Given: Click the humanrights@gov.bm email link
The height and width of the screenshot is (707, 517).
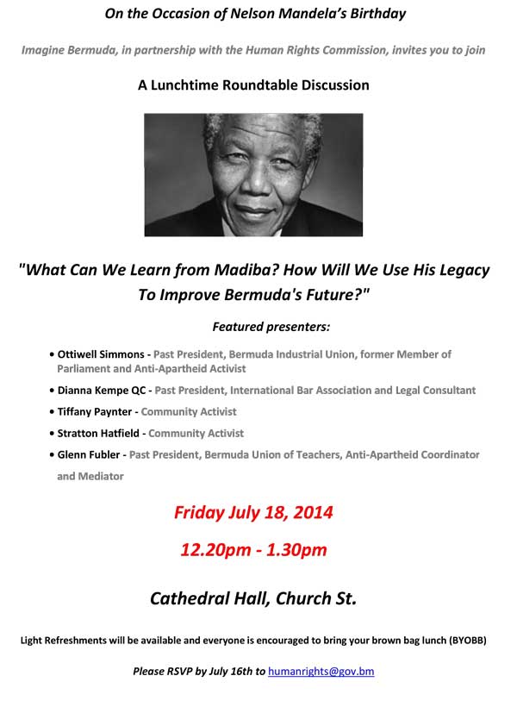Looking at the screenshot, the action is click(x=321, y=672).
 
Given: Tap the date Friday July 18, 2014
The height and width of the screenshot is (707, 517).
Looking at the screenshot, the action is click(x=253, y=513).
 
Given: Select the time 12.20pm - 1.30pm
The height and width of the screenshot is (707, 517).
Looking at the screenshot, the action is click(x=253, y=550).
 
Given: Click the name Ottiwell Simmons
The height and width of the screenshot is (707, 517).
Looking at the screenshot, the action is click(x=101, y=354).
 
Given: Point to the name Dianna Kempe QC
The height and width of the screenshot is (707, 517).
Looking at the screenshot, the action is click(x=102, y=391).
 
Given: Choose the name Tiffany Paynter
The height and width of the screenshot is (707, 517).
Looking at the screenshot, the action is click(x=95, y=411).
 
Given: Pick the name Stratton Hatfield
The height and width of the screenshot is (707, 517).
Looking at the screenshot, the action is click(x=98, y=434).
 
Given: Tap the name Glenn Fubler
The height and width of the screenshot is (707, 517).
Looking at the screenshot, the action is click(x=89, y=454).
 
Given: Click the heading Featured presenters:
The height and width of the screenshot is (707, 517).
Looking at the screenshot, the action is click(x=271, y=327).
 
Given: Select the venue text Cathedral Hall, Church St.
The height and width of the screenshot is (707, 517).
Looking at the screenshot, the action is click(x=253, y=598).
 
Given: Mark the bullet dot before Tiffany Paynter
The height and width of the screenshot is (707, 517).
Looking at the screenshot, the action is click(x=53, y=412).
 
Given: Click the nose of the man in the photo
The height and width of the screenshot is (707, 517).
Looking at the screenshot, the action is click(x=257, y=183).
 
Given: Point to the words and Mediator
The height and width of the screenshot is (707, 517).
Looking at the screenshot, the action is click(x=90, y=476).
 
